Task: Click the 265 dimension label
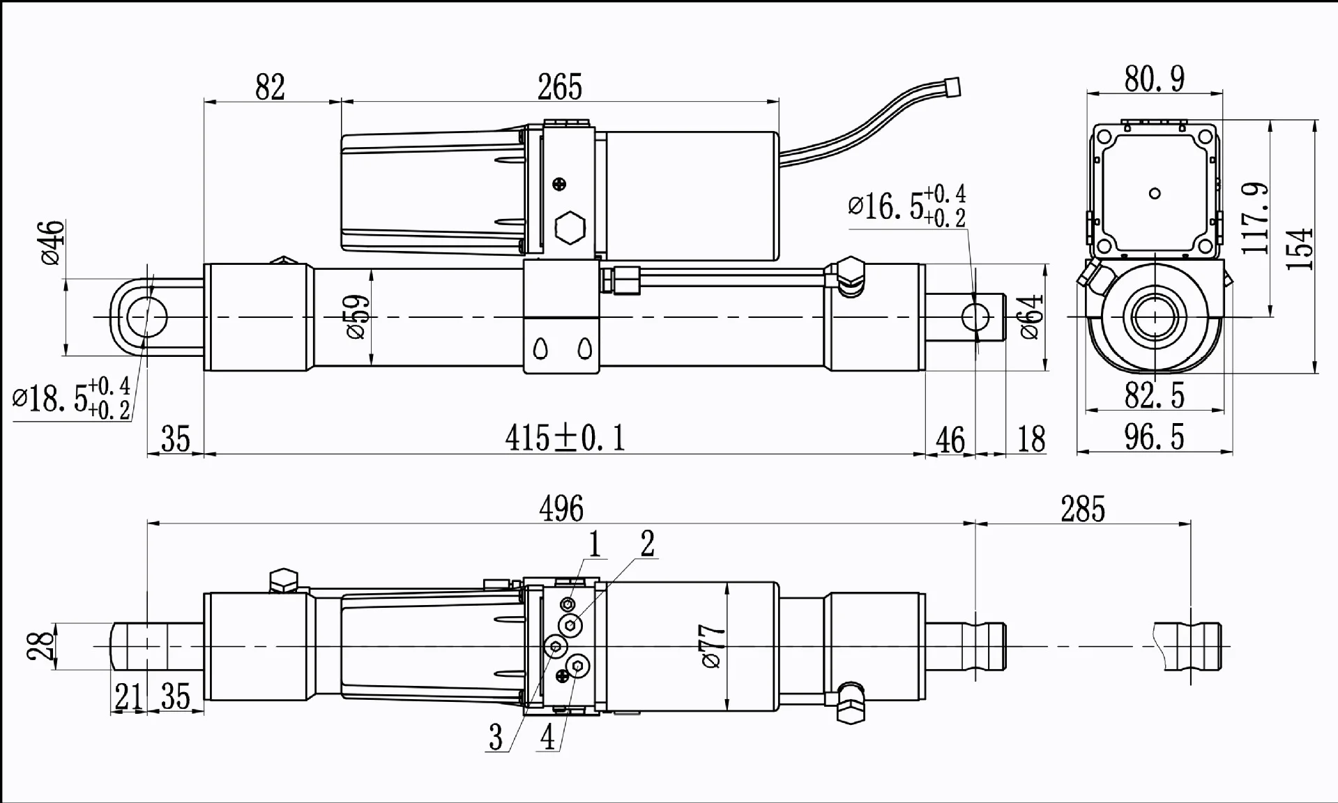point(559,88)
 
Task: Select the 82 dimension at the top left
point(270,88)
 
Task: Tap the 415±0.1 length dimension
point(565,438)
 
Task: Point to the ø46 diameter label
point(53,243)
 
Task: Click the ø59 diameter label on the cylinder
point(356,317)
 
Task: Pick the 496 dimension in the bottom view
point(561,509)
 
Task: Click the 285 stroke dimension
point(1082,509)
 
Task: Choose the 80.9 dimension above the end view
point(1154,79)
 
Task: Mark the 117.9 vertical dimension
point(1255,219)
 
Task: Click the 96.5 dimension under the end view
point(1154,438)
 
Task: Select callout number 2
point(647,544)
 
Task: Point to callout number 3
point(495,737)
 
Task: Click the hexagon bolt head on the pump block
point(570,227)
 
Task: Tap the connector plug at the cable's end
point(951,87)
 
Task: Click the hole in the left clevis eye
point(147,317)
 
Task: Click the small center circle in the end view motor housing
point(1155,194)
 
